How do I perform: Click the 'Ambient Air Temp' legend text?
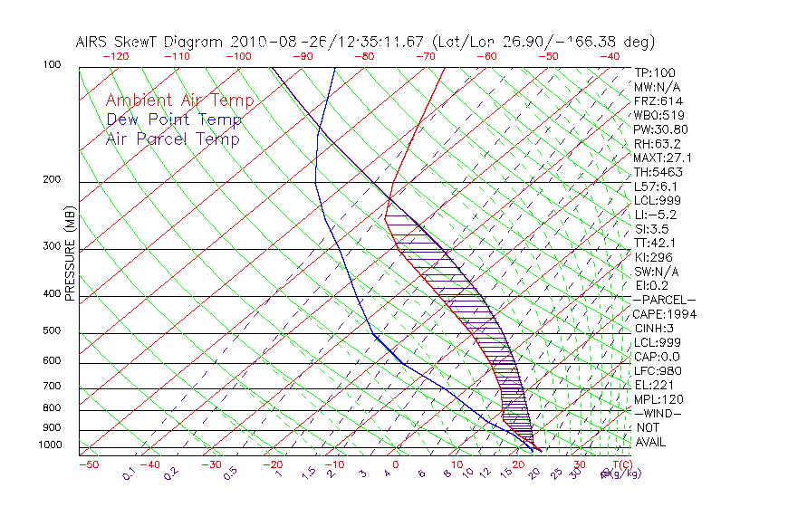click(179, 100)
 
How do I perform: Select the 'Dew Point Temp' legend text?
click(174, 120)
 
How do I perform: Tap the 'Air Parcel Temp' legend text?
click(173, 139)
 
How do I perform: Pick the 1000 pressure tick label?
click(51, 445)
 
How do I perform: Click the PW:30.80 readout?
click(661, 129)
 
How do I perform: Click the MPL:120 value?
click(658, 399)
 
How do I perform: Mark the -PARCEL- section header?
click(664, 300)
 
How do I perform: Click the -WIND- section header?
click(658, 413)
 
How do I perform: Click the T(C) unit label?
click(620, 464)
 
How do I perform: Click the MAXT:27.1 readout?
click(663, 158)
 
